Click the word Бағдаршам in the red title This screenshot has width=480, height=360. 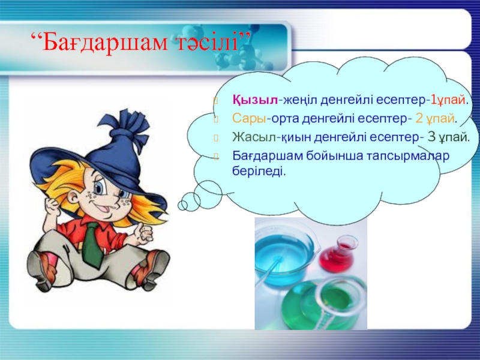(x=105, y=42)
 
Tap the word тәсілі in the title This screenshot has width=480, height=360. (x=207, y=42)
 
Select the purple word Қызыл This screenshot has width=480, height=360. (x=255, y=100)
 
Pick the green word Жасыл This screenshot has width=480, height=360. (x=254, y=137)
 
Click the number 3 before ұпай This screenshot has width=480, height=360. (x=431, y=137)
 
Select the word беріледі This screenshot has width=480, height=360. (x=259, y=171)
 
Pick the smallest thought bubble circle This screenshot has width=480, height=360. (x=183, y=205)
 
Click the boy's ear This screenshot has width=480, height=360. (x=73, y=199)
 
